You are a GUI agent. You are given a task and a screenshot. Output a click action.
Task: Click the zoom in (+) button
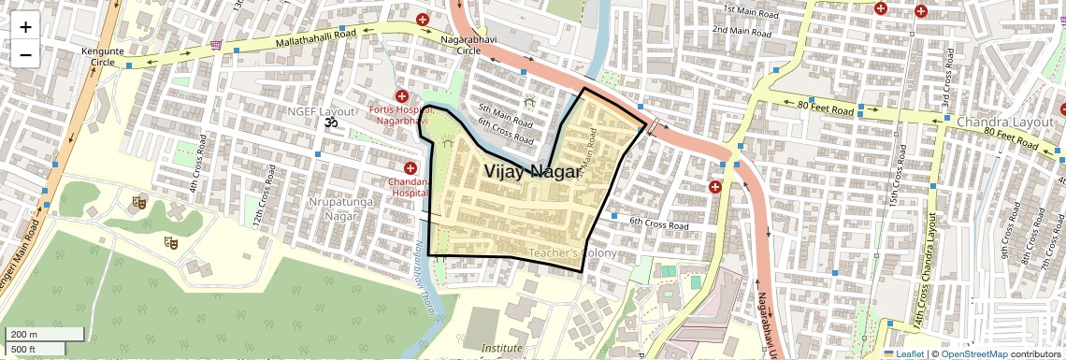click(25, 26)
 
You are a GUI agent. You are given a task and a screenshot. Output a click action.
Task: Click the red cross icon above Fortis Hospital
click(402, 96)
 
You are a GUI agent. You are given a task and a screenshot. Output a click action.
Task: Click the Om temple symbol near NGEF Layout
click(329, 122)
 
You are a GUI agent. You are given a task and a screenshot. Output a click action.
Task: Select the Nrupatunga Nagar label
click(334, 209)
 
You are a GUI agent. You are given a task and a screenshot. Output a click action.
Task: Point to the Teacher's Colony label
click(572, 253)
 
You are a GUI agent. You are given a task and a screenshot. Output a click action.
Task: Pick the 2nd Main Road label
click(747, 31)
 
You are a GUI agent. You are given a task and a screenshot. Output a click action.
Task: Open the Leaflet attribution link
click(903, 353)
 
